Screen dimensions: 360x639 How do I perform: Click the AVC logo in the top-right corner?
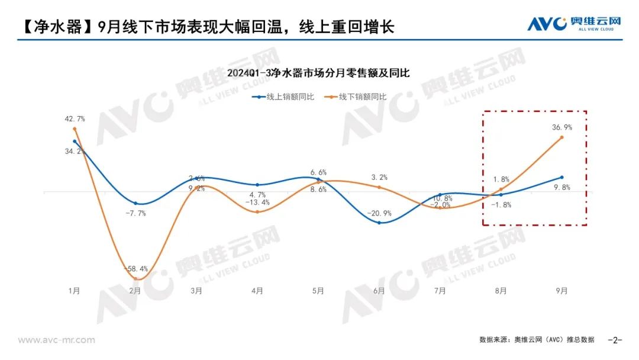click(573, 24)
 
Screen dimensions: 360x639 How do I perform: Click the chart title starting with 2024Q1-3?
click(319, 73)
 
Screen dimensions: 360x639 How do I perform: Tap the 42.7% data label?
click(75, 119)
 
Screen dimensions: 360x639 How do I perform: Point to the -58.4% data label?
click(135, 269)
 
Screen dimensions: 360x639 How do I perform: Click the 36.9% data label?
click(561, 127)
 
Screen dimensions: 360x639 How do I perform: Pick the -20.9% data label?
click(379, 213)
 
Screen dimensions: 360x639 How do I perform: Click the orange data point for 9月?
click(561, 137)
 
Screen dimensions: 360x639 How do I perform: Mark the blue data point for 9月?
click(561, 177)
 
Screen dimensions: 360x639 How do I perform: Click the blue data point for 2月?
click(135, 204)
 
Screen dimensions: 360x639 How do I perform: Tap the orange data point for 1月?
click(75, 128)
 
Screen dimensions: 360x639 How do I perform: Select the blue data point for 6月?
click(379, 223)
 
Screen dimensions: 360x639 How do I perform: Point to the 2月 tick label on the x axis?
click(135, 291)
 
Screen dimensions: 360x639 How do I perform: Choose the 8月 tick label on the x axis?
click(501, 291)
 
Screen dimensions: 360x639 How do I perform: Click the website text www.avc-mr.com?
click(56, 340)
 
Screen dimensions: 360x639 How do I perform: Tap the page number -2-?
click(616, 340)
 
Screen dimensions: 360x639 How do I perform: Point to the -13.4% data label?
click(257, 202)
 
